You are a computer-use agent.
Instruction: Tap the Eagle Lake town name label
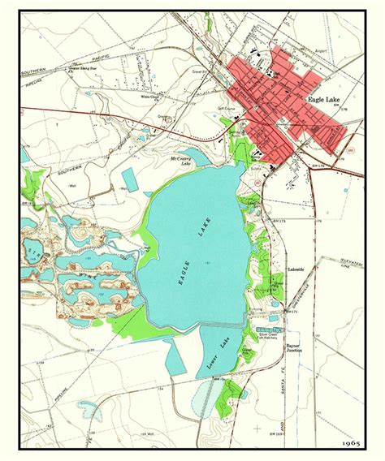click(325, 99)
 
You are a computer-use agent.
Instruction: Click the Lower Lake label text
click(218, 357)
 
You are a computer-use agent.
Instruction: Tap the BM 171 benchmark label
click(295, 311)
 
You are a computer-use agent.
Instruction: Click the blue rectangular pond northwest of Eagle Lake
click(129, 180)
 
